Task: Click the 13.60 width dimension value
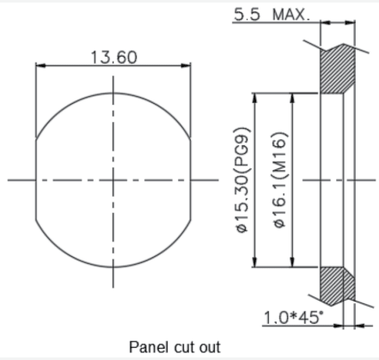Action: (x=114, y=58)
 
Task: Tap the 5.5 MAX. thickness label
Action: (x=272, y=15)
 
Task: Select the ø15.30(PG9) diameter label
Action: (x=242, y=180)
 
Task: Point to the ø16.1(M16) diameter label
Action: (x=279, y=180)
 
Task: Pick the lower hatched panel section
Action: (x=337, y=286)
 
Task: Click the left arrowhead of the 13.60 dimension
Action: (x=40, y=66)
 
